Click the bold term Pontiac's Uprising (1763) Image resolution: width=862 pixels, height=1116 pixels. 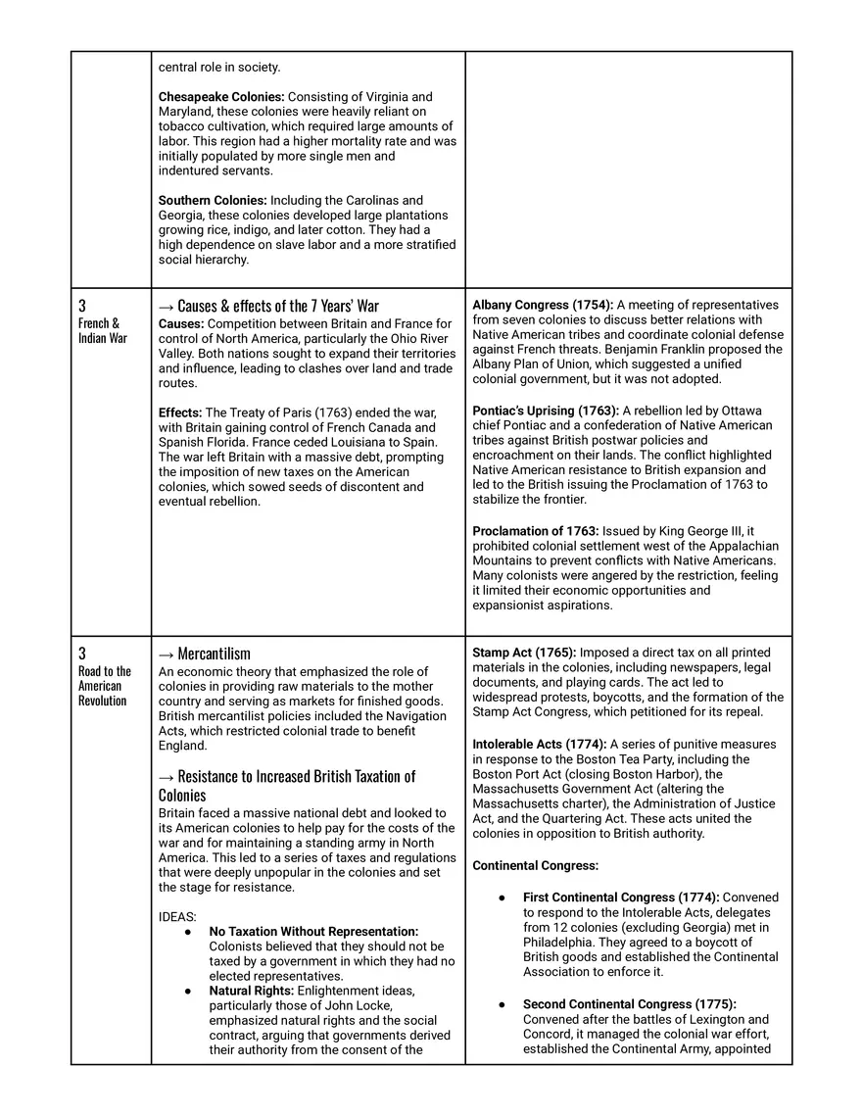pyautogui.click(x=545, y=411)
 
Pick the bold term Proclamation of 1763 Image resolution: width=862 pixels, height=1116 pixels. pyautogui.click(x=536, y=531)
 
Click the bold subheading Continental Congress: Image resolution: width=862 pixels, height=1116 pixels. pyautogui.click(x=535, y=866)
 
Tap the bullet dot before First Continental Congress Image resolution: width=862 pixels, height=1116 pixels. pyautogui.click(x=502, y=898)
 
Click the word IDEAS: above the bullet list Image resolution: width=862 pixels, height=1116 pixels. pyautogui.click(x=177, y=917)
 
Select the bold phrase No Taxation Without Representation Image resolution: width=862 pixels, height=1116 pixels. pyautogui.click(x=313, y=932)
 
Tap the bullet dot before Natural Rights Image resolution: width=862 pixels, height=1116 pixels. pyautogui.click(x=187, y=992)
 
